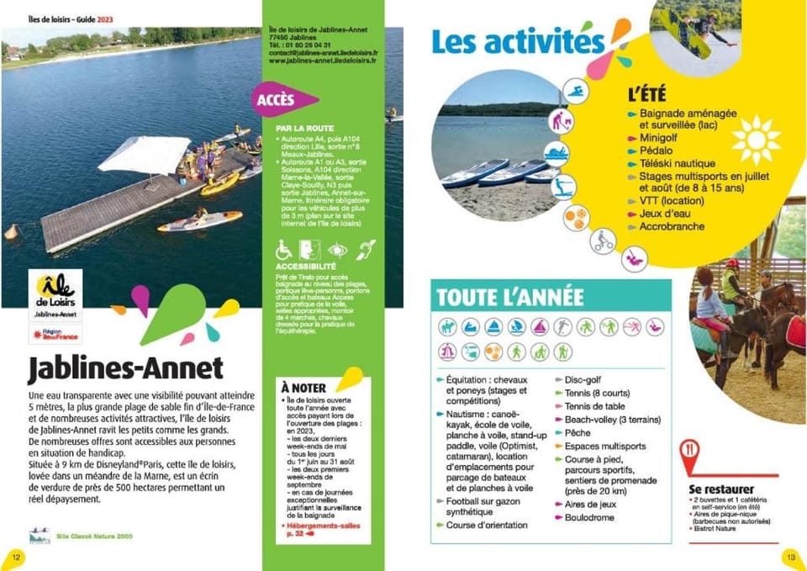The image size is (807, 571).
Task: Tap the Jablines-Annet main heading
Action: point(125,367)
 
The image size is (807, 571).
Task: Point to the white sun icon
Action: point(756,139)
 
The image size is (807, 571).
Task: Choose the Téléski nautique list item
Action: point(678,163)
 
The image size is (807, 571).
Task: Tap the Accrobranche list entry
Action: point(672,226)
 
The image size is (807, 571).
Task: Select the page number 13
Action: point(790,556)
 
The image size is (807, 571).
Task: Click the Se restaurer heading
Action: point(721,489)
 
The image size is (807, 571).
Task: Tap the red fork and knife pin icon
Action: point(690,455)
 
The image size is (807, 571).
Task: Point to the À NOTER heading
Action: point(304,387)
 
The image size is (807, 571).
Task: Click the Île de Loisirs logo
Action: point(55,293)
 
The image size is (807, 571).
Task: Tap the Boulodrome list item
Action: point(589,517)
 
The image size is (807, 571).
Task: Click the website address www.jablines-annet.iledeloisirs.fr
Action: point(323,61)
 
